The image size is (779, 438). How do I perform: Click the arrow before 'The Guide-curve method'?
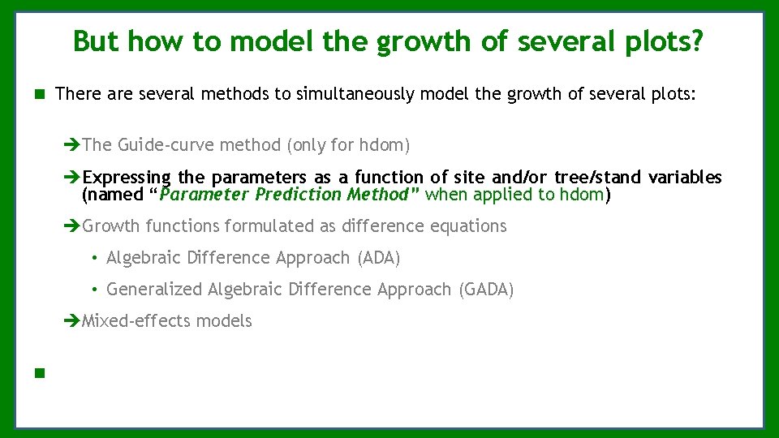click(x=71, y=145)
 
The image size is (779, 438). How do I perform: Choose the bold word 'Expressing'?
click(x=127, y=178)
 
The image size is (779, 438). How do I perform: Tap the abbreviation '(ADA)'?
click(x=378, y=258)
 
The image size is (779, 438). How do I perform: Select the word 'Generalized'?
click(x=154, y=290)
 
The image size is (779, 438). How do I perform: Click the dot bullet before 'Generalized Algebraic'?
click(x=96, y=290)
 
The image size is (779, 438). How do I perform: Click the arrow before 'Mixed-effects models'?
click(x=71, y=321)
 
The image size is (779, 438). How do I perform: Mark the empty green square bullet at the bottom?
click(x=38, y=374)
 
